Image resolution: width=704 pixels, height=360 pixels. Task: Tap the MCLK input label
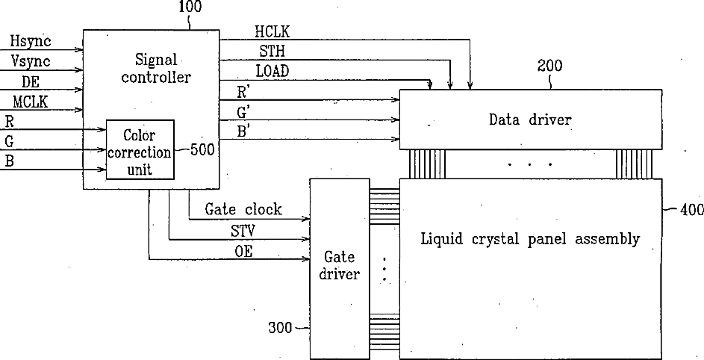(30, 102)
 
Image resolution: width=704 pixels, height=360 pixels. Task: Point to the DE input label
(31, 82)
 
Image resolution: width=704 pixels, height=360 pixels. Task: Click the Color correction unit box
(140, 149)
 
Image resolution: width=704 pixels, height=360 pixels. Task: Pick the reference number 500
(203, 149)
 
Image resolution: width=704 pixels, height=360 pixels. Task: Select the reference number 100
(190, 8)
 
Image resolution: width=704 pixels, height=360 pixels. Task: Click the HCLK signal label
(272, 32)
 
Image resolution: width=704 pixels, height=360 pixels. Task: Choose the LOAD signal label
(272, 72)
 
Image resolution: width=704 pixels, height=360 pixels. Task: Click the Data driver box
(531, 119)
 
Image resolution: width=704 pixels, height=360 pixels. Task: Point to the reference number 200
(549, 66)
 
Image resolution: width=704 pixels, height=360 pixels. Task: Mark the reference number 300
(281, 327)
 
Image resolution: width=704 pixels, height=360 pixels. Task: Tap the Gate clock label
(243, 210)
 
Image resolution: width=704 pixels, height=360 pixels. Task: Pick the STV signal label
(243, 231)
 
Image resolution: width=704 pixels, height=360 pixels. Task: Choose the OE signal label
(243, 252)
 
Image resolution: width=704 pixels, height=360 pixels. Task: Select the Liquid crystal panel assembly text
(530, 240)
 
